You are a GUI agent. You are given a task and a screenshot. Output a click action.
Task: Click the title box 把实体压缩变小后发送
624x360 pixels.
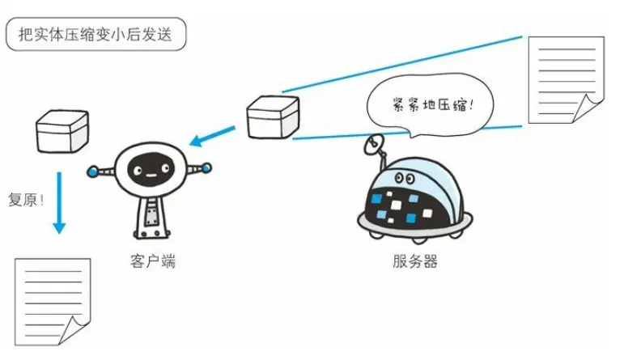click(96, 33)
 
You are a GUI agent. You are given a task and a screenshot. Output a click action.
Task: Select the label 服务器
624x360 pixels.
click(414, 262)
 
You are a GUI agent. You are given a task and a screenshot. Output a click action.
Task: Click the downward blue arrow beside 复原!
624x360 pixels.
click(58, 202)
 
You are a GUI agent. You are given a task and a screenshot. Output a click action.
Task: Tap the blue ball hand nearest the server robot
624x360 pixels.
click(206, 169)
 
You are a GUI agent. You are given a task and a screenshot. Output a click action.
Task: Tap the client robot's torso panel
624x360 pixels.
click(151, 218)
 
